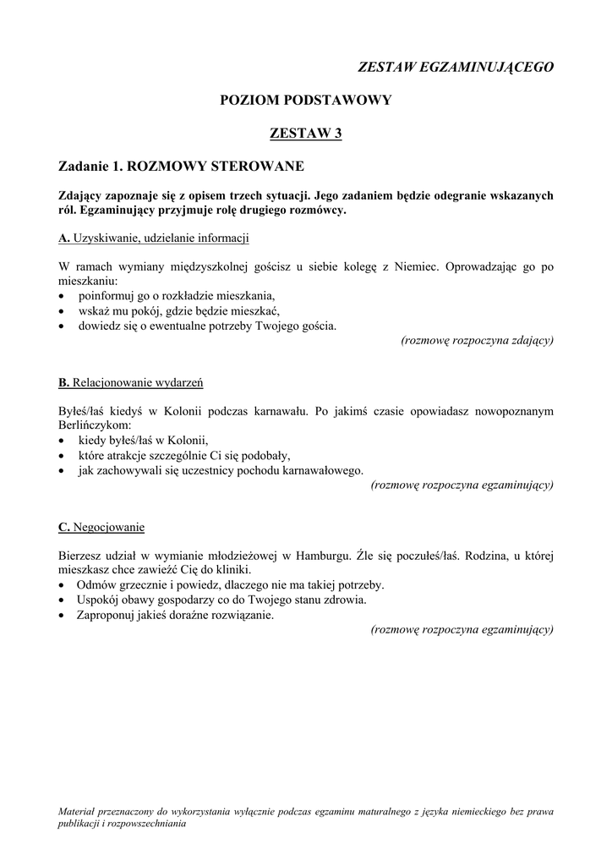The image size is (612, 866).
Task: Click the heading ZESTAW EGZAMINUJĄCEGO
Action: [x=456, y=67]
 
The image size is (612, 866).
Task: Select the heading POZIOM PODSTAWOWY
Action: [x=305, y=100]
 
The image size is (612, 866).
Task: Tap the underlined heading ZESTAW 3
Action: [x=305, y=133]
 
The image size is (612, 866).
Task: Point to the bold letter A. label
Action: [x=63, y=238]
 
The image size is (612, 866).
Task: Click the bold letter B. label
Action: [x=63, y=383]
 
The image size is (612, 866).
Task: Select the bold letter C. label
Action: [x=63, y=528]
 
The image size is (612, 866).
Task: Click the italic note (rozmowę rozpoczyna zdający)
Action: [x=478, y=340]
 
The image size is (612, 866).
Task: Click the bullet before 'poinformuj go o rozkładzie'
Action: [x=63, y=297]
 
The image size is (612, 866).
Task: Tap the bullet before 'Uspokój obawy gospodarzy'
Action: [x=63, y=600]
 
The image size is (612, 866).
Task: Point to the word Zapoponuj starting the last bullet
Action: [x=107, y=615]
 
